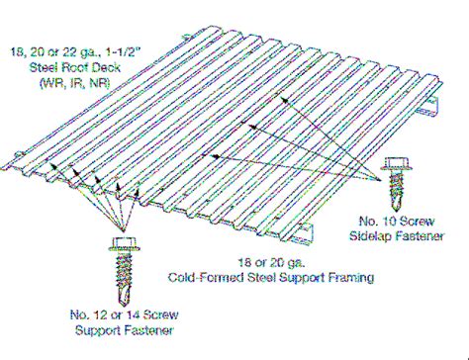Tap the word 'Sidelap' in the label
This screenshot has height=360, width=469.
(375, 236)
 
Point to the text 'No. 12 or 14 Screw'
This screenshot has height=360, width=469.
(126, 315)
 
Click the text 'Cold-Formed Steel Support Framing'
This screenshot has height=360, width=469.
(270, 279)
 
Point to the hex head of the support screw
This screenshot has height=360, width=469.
(127, 244)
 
